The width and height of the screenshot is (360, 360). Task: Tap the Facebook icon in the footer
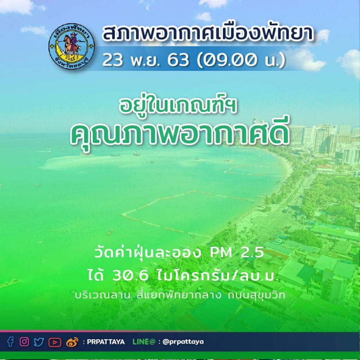10,342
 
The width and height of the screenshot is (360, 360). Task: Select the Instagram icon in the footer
24,342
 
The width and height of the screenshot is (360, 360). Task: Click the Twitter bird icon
39,342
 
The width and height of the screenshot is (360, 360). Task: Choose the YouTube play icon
55,342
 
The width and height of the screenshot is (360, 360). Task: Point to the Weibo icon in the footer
72,342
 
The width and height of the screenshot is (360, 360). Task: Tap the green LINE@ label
144,342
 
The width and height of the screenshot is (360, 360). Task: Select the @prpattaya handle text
183,342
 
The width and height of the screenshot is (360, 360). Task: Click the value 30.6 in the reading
130,276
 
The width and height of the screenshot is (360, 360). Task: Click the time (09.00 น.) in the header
241,60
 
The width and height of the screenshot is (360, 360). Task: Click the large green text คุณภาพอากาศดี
179,135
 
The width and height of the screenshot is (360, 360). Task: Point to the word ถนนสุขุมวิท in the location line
256,295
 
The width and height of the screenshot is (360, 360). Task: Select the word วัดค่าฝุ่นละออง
148,253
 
